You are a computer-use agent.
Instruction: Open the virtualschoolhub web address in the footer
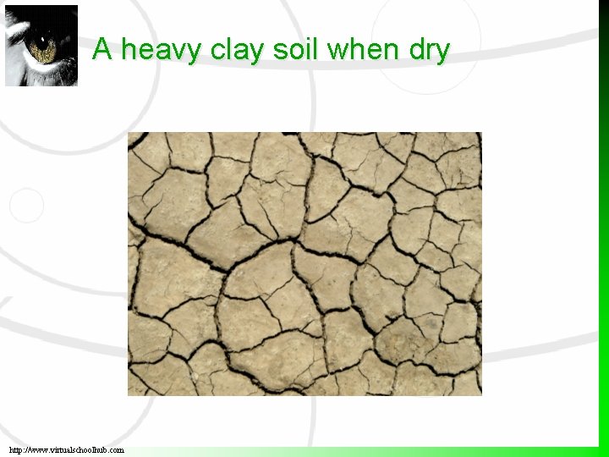tap(67, 450)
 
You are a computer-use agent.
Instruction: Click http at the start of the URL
tap(18, 450)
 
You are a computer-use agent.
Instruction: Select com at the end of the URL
tap(117, 450)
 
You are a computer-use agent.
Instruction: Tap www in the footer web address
tap(41, 450)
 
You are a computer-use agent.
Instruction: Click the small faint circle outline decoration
tap(25, 206)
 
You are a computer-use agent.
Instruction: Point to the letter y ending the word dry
tap(442, 52)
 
